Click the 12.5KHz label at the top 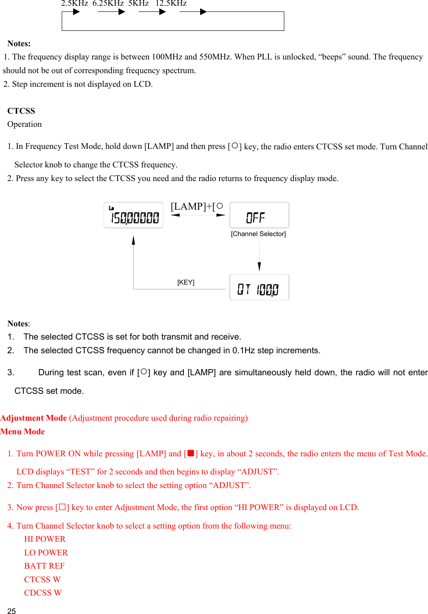coord(171,4)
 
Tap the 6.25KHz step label coord(108,4)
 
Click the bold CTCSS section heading coord(21,111)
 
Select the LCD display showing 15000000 coord(134,215)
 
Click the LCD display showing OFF coord(259,215)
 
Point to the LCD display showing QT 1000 coord(259,287)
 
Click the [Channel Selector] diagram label coord(258,234)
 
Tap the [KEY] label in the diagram coord(186,282)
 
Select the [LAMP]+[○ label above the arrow coord(197,207)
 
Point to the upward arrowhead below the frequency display coord(134,240)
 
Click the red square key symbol coord(191,453)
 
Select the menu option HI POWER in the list coord(45,539)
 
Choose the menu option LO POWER coord(46,553)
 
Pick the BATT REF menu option coord(44,566)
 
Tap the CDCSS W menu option coord(43,593)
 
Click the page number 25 coord(11,611)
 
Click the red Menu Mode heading coord(22,432)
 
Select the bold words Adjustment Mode coord(34,418)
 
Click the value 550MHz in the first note coord(215,57)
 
